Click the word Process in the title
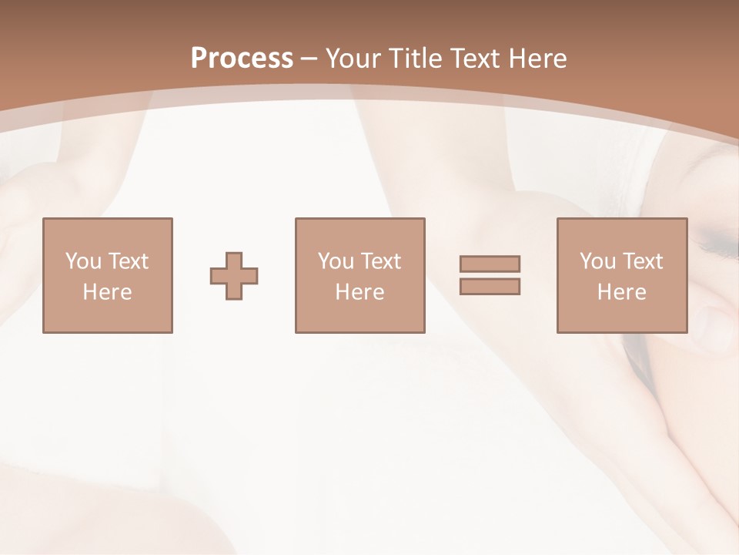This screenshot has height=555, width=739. coord(242,59)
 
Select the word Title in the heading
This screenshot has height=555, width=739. coord(416,59)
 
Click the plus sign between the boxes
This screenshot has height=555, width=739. coord(234,276)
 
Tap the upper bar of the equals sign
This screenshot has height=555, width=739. coord(490,264)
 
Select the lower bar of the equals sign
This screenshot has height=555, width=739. coord(490,287)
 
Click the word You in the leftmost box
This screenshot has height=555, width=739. coord(83,261)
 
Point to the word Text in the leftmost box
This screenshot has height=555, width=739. coord(128,261)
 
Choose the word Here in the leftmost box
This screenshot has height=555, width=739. coord(107,292)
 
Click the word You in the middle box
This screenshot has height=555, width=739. coord(336,261)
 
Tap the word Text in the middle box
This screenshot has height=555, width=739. coord(380,261)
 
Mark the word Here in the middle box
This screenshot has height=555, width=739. coord(359,292)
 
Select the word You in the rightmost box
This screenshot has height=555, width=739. coord(597,261)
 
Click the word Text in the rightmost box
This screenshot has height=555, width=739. coord(642,261)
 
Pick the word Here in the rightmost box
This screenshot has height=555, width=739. coord(621,292)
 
